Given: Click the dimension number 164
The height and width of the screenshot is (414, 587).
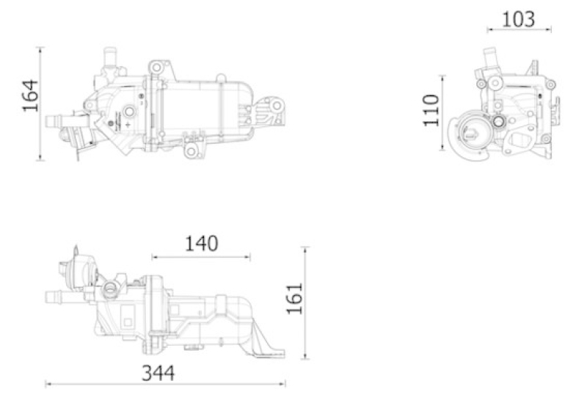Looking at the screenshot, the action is click(x=31, y=95).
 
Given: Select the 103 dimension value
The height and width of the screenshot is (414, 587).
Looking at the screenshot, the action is click(x=519, y=19).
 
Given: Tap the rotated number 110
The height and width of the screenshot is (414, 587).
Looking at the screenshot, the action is click(x=431, y=111).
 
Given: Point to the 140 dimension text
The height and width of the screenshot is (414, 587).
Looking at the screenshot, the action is click(x=201, y=244).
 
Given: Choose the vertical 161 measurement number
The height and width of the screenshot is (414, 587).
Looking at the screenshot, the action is click(x=295, y=299).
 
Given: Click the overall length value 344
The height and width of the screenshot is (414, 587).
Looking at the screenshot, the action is click(x=158, y=373).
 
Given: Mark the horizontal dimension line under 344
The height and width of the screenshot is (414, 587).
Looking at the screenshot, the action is click(x=165, y=384).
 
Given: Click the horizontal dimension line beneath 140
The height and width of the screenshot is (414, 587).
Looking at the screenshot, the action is click(x=201, y=257).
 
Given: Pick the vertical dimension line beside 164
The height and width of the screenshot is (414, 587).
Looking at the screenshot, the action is click(x=41, y=103).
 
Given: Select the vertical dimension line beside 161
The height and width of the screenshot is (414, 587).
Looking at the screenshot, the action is click(x=305, y=303).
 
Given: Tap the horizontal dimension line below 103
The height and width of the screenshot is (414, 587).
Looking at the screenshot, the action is click(x=519, y=29).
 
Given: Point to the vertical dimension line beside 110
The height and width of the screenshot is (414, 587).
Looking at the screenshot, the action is click(x=443, y=113).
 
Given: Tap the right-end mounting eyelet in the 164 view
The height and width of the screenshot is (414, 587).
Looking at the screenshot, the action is click(x=277, y=106).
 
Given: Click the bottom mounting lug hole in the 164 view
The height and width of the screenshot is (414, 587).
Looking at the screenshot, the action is click(x=191, y=151).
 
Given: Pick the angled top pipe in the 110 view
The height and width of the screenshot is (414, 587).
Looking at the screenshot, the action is click(x=489, y=57).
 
